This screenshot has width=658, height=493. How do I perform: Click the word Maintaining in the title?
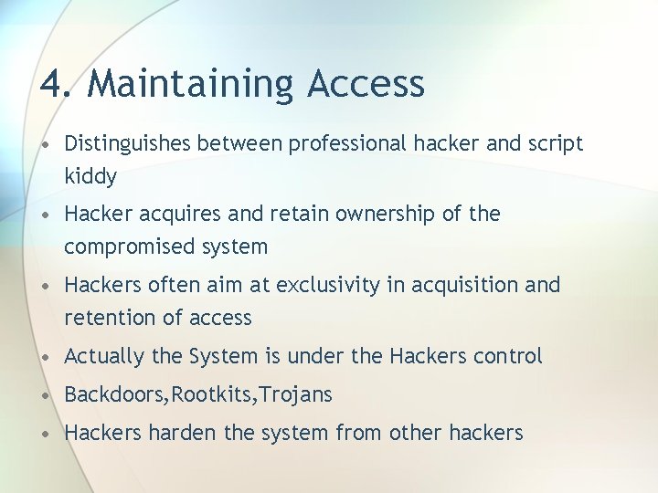coord(192,84)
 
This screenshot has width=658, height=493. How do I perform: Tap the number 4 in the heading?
coord(52,84)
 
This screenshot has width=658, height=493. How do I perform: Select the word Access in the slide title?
coord(366,84)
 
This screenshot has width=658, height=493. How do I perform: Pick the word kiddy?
coord(90,176)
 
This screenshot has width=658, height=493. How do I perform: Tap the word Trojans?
coord(297,394)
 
